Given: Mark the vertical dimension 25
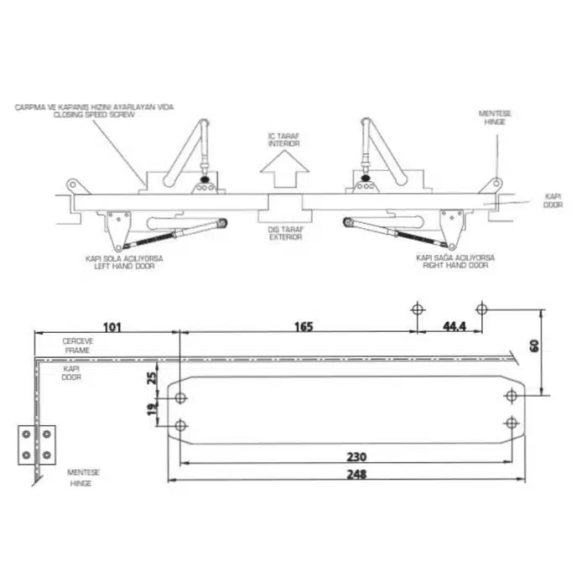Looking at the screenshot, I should pos(152,377).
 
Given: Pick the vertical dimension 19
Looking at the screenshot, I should pos(152,410).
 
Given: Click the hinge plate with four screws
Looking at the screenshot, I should pos(36,444).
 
